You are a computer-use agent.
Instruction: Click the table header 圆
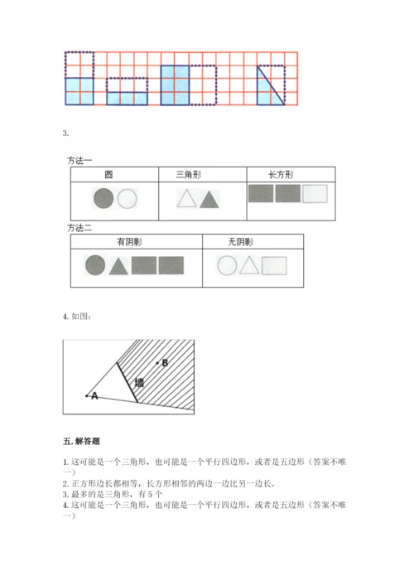(x=108, y=175)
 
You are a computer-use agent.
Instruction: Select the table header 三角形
(x=189, y=175)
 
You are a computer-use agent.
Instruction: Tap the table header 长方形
(x=281, y=175)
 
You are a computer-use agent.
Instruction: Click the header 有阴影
(x=129, y=242)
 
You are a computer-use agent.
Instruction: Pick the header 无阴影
(x=241, y=242)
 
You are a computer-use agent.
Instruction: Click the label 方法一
(x=79, y=161)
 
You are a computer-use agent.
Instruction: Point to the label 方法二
(x=79, y=228)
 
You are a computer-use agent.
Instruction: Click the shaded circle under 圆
(x=103, y=198)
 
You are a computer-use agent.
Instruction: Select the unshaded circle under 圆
(x=128, y=198)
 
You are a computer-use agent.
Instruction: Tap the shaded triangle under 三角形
(x=209, y=201)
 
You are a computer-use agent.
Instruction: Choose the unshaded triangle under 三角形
(x=186, y=200)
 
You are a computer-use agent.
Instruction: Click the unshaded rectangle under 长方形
(x=315, y=194)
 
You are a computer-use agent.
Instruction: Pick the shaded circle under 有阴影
(x=95, y=265)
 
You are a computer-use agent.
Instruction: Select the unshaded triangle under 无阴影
(x=249, y=266)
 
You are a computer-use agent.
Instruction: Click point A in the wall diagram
(x=87, y=395)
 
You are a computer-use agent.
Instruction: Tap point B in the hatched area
(x=157, y=362)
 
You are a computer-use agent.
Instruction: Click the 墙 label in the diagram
(x=139, y=382)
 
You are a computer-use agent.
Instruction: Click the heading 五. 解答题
(x=81, y=442)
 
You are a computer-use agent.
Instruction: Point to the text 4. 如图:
(x=77, y=317)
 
